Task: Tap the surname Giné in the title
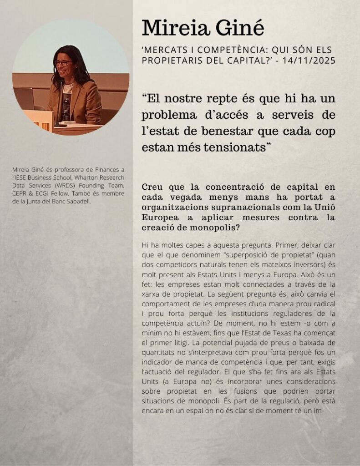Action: point(241,28)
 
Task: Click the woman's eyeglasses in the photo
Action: point(62,63)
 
